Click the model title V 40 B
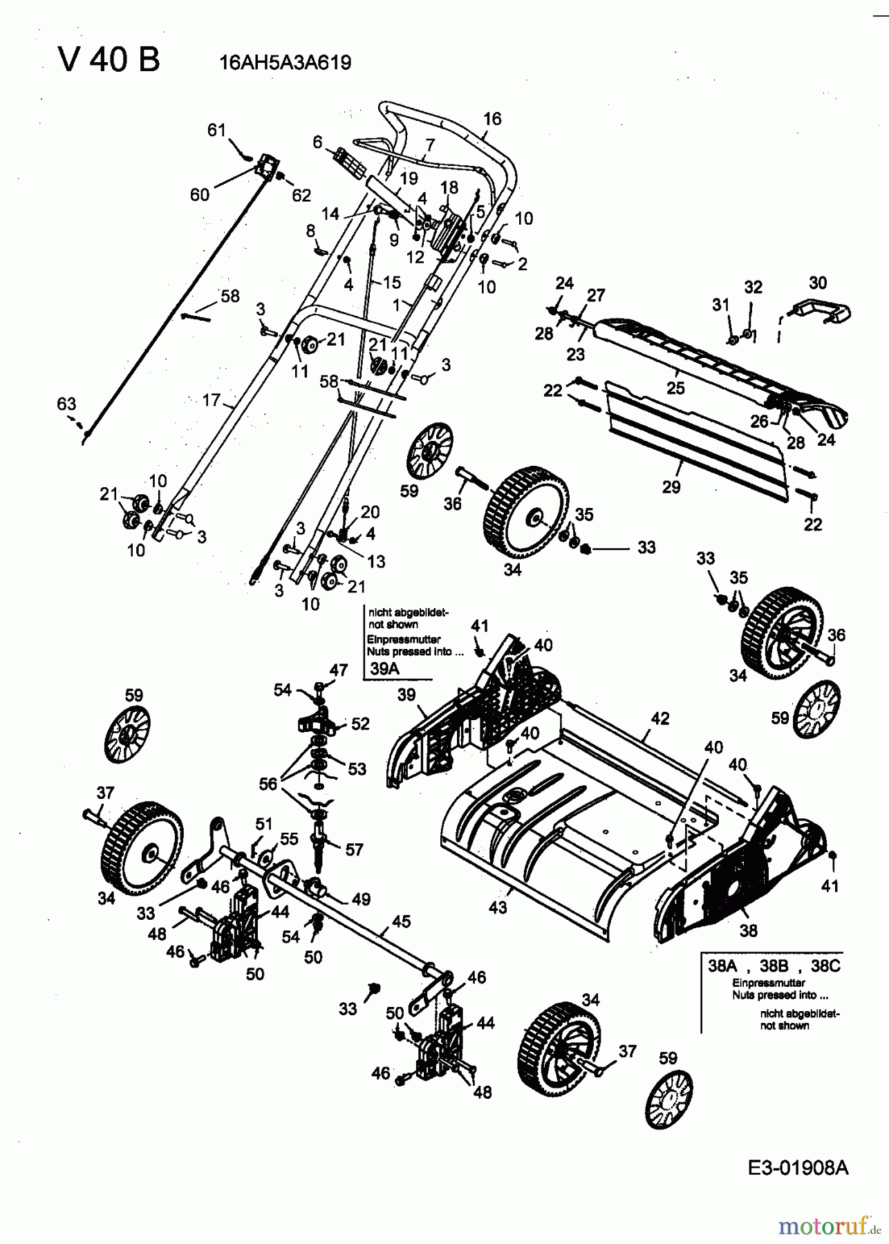(109, 60)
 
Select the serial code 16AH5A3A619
(285, 63)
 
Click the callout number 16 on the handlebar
(492, 119)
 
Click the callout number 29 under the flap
(671, 487)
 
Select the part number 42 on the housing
(660, 719)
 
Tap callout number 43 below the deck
(498, 907)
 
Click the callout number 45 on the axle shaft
(401, 921)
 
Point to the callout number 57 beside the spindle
(354, 849)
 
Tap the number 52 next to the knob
(360, 724)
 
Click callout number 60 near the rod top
(199, 195)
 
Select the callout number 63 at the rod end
(66, 404)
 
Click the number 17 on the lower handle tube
(211, 399)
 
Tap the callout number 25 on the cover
(675, 388)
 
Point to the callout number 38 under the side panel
(748, 930)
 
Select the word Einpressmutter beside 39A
(404, 639)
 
